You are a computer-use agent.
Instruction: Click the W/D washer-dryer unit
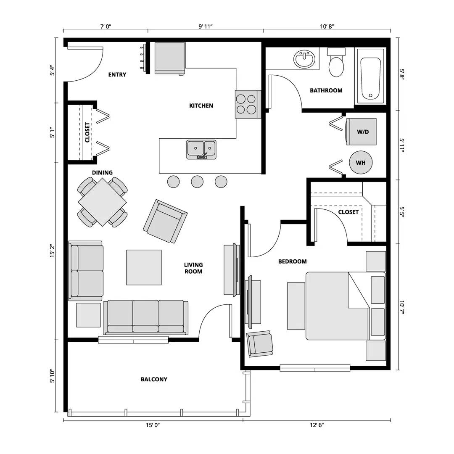[x=361, y=132]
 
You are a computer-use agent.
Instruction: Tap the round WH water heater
[x=361, y=162]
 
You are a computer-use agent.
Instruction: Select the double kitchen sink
[x=201, y=149]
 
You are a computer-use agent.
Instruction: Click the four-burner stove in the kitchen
[x=246, y=104]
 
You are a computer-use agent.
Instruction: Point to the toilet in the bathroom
[x=336, y=63]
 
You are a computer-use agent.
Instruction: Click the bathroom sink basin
[x=305, y=59]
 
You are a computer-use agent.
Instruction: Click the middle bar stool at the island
[x=197, y=182]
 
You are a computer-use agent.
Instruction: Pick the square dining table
[x=102, y=202]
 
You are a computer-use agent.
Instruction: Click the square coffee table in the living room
[x=144, y=267]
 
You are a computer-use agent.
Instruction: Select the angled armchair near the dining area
[x=165, y=221]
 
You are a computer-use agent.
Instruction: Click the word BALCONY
[x=154, y=379]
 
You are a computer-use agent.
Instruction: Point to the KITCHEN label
[x=201, y=106]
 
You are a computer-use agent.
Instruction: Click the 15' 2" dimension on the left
[x=52, y=251]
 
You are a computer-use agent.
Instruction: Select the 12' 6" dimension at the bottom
[x=317, y=425]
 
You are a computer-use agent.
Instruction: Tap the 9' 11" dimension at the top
[x=206, y=26]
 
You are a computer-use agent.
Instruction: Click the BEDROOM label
[x=293, y=261]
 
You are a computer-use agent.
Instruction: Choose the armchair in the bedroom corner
[x=260, y=343]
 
